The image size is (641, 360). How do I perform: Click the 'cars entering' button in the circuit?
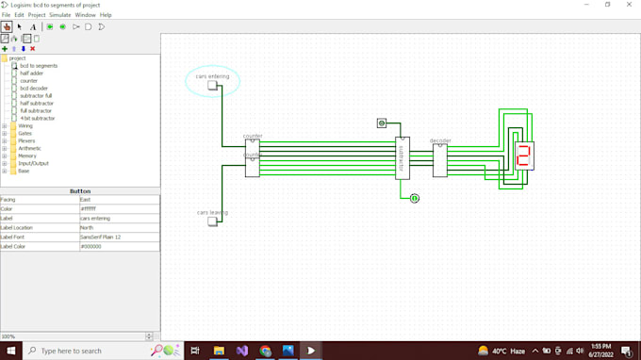tap(213, 86)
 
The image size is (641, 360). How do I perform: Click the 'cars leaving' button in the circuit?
tap(213, 221)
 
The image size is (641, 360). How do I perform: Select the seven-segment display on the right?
tap(523, 155)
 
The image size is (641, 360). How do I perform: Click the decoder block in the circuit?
tap(440, 159)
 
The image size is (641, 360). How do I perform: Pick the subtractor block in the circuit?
tap(403, 157)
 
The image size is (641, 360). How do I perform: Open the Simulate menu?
tap(59, 15)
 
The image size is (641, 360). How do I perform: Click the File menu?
tap(7, 15)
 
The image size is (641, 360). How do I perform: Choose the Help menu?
tap(106, 15)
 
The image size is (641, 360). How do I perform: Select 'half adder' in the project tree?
tap(32, 74)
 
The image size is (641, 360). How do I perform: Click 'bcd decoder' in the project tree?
tap(33, 89)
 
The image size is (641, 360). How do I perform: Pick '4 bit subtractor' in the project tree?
tap(38, 119)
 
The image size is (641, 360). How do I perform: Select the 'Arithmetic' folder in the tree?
tap(29, 148)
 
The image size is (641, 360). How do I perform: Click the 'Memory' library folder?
tap(26, 155)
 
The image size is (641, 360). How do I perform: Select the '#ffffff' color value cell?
tap(118, 208)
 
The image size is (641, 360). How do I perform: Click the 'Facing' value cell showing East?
tap(118, 200)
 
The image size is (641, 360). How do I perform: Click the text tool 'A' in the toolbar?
tap(33, 27)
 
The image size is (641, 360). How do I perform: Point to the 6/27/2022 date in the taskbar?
tap(601, 354)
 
